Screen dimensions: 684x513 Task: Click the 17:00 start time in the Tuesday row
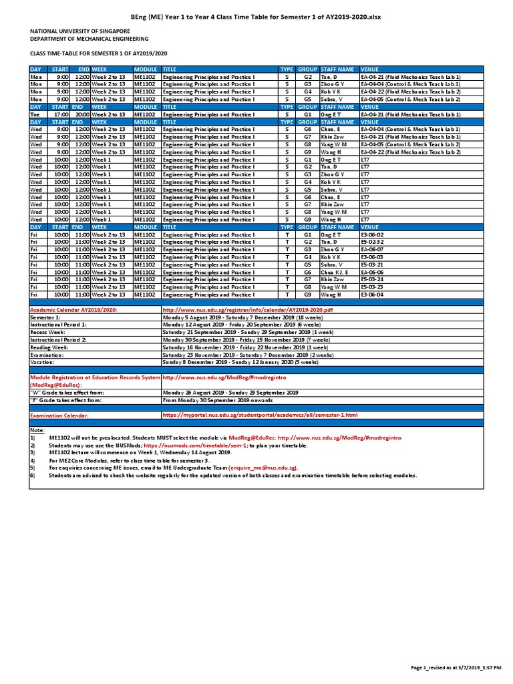pos(61,114)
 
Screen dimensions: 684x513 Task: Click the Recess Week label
pos(47,331)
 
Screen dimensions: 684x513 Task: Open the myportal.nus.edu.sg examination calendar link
pos(261,415)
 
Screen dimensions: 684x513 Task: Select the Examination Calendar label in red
pos(59,415)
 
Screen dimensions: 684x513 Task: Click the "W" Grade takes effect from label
pos(64,393)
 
